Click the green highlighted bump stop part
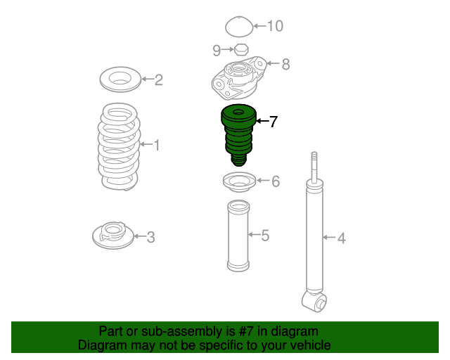(x=238, y=135)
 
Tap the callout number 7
(x=273, y=122)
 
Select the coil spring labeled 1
(x=119, y=146)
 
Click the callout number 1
(x=157, y=145)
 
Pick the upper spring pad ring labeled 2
(x=120, y=79)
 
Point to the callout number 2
(x=159, y=79)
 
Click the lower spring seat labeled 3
(x=113, y=236)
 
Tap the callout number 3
(x=150, y=238)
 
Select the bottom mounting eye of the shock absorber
(x=314, y=302)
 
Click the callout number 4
(x=341, y=238)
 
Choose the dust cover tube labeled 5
(x=238, y=236)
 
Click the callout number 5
(x=265, y=236)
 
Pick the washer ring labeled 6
(x=239, y=182)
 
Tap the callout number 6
(x=276, y=181)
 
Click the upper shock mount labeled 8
(x=239, y=78)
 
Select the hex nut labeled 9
(x=241, y=50)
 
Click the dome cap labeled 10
(x=239, y=27)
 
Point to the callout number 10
(x=275, y=26)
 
